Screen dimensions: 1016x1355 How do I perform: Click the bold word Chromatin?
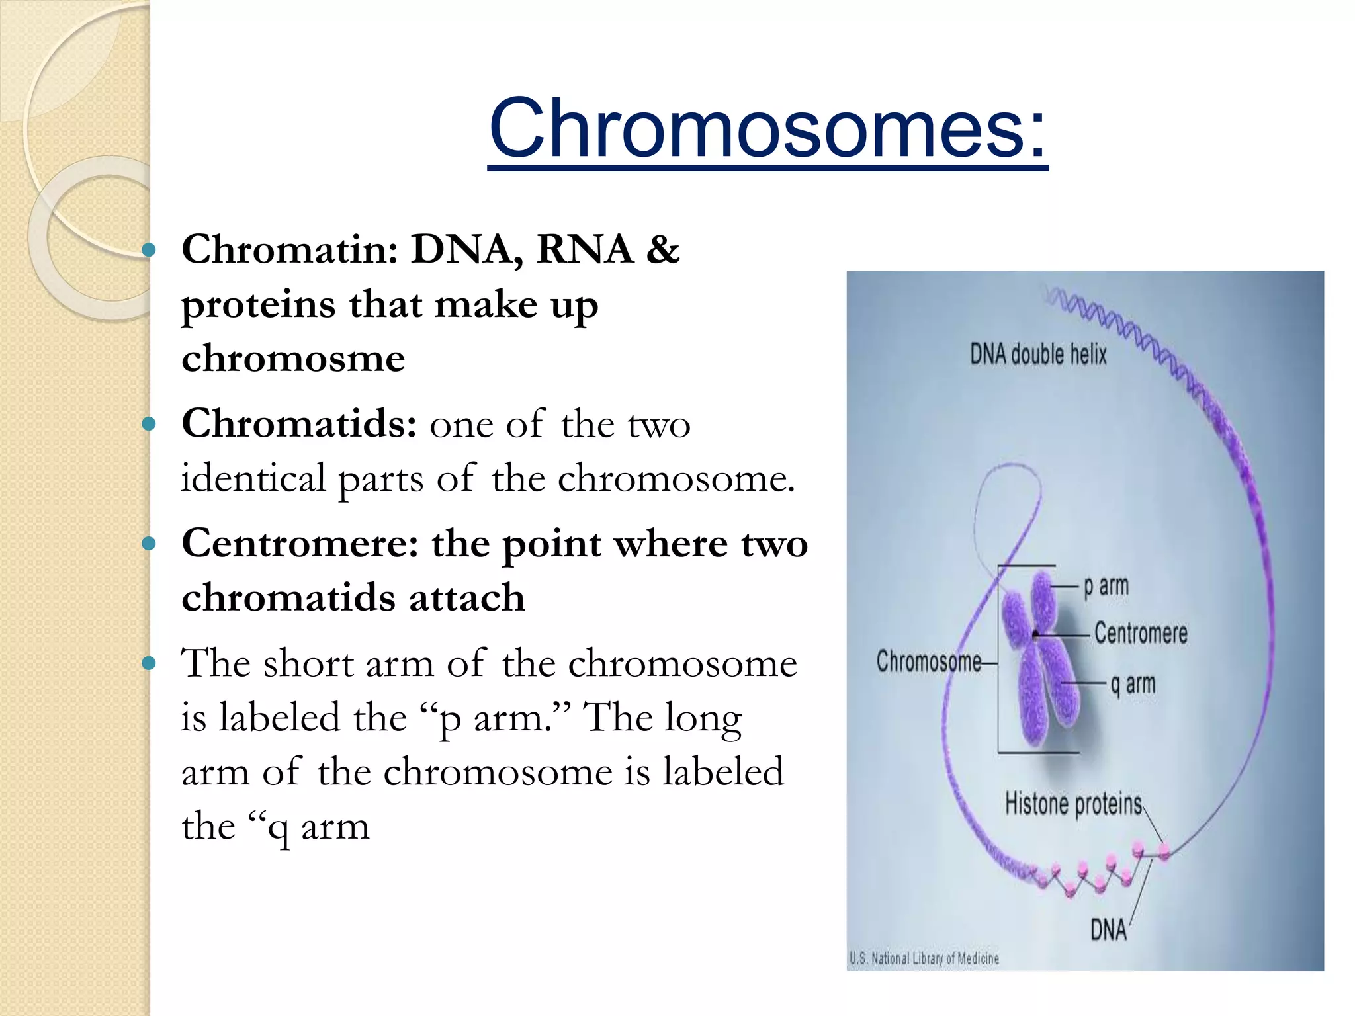click(290, 250)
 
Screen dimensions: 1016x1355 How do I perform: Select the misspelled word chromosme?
click(293, 359)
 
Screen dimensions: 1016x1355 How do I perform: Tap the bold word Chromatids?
click(299, 424)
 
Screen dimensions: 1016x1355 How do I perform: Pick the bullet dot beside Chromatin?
click(149, 250)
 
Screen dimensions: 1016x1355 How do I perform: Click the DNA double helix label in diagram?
click(1038, 355)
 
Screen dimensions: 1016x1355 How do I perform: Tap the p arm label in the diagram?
click(1106, 587)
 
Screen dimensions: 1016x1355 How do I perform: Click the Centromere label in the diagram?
click(1141, 633)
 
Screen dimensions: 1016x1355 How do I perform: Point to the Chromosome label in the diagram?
click(928, 661)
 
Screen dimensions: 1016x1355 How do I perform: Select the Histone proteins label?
click(1073, 804)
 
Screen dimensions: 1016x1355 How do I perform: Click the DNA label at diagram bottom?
click(1108, 930)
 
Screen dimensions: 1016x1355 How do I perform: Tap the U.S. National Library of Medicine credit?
click(924, 958)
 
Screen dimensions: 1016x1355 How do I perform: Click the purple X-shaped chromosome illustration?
click(1039, 661)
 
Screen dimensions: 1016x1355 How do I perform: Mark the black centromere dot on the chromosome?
click(1035, 636)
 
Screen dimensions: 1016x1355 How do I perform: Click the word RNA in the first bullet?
click(585, 250)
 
